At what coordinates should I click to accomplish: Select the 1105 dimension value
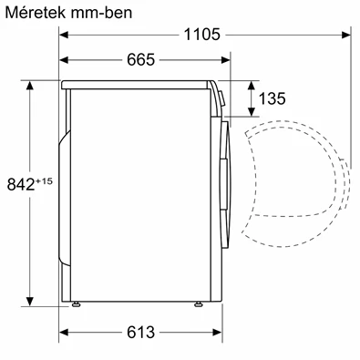click(201, 35)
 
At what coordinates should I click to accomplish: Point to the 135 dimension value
click(273, 98)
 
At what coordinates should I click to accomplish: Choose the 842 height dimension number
click(17, 183)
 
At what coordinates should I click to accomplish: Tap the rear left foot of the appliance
click(77, 303)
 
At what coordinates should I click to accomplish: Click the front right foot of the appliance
click(197, 303)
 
